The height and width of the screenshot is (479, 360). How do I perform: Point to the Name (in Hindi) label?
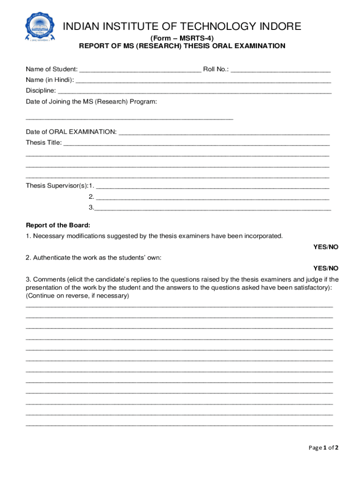click(x=50, y=80)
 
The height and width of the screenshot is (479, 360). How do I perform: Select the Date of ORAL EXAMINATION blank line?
click(x=224, y=132)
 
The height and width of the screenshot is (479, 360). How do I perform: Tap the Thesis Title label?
click(x=43, y=143)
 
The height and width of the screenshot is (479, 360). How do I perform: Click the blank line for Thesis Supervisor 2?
click(x=213, y=196)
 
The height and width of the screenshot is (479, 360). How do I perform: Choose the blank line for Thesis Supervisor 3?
click(x=213, y=207)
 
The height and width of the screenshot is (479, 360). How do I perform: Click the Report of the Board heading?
click(x=58, y=225)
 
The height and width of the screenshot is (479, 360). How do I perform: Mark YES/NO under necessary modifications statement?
click(x=325, y=247)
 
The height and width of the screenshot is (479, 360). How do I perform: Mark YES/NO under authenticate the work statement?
click(x=325, y=268)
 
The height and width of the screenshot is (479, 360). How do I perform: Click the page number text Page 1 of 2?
click(x=323, y=448)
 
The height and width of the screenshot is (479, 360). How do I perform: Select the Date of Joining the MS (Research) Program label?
click(x=91, y=101)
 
